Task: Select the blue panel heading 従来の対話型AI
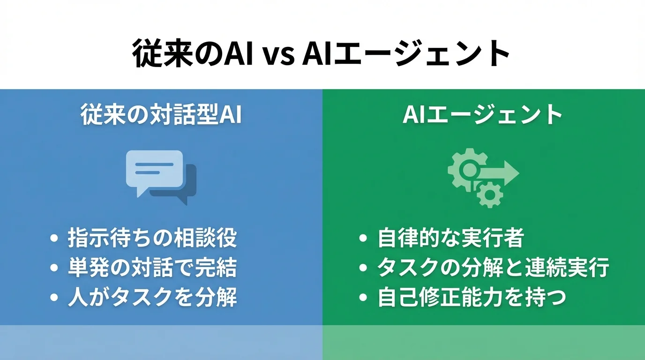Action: (161, 115)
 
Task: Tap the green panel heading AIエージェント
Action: (483, 115)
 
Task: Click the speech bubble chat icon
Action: (159, 175)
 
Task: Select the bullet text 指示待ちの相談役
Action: (152, 238)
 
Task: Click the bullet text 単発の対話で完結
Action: (152, 268)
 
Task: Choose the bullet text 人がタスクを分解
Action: (152, 297)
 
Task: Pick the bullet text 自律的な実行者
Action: (450, 238)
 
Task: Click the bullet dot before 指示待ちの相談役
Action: (54, 239)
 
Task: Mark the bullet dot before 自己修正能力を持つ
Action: (363, 298)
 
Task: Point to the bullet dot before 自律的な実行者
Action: (363, 239)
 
